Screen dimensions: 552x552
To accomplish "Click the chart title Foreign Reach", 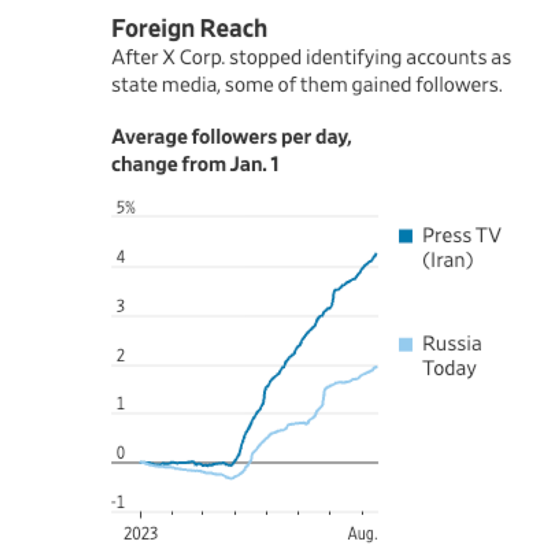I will click(189, 29).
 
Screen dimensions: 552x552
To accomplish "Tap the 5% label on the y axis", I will click(126, 208).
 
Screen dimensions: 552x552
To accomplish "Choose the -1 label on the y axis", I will click(118, 502).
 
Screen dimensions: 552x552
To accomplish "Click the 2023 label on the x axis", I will click(141, 534).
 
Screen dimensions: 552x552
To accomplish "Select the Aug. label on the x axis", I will click(362, 534).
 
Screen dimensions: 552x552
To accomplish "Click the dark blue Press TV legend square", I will click(406, 236).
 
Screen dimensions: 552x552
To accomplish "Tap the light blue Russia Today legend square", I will click(406, 344).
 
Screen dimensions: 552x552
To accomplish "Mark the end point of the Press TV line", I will click(376, 254).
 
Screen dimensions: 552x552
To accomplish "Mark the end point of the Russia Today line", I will click(376, 367).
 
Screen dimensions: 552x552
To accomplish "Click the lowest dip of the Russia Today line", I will click(231, 478).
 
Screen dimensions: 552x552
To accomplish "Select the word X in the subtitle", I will click(169, 58).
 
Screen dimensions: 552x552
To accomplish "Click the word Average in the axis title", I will click(149, 137).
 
